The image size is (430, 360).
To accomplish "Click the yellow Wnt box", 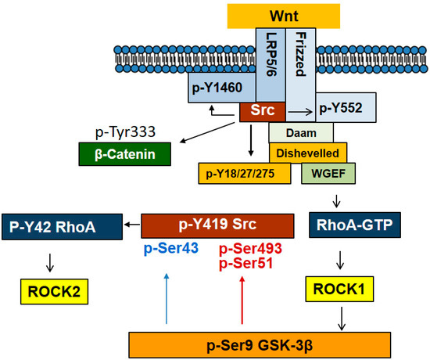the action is pyautogui.click(x=284, y=16).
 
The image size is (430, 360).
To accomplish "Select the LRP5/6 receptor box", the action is pyautogui.click(x=271, y=65).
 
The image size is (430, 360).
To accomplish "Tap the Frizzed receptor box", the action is pyautogui.click(x=300, y=74).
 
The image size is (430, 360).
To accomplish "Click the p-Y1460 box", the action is pyautogui.click(x=222, y=88).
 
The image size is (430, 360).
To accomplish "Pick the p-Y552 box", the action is pyautogui.click(x=346, y=108).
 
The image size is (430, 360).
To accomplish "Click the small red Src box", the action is pyautogui.click(x=263, y=111).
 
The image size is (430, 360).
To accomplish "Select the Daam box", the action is pyautogui.click(x=301, y=132).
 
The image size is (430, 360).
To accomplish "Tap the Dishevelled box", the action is pyautogui.click(x=308, y=153).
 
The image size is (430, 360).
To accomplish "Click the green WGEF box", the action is pyautogui.click(x=328, y=173).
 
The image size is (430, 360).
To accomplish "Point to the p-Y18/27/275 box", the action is pyautogui.click(x=245, y=174).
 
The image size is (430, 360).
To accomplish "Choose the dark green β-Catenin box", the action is pyautogui.click(x=125, y=154).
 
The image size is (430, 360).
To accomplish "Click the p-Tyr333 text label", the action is pyautogui.click(x=125, y=132).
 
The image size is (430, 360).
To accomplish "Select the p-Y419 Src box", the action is pyautogui.click(x=217, y=226).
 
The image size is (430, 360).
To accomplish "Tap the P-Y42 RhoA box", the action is pyautogui.click(x=62, y=227).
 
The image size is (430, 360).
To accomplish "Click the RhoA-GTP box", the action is pyautogui.click(x=355, y=225).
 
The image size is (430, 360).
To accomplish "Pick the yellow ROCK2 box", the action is pyautogui.click(x=54, y=292).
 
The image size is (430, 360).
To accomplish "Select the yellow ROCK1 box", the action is pyautogui.click(x=339, y=289).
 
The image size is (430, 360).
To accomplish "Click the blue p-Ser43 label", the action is pyautogui.click(x=171, y=249).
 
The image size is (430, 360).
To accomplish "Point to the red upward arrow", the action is pyautogui.click(x=242, y=301).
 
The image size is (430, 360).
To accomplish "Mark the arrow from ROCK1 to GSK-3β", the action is pyautogui.click(x=342, y=319).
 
